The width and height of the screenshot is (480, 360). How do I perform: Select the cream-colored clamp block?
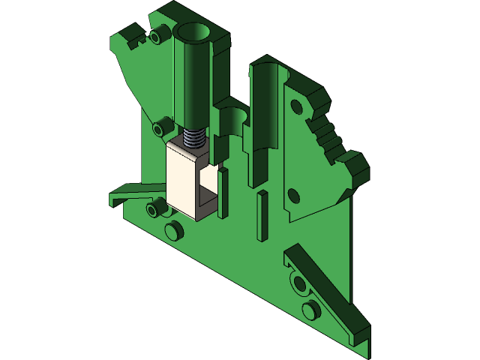coord(181,180)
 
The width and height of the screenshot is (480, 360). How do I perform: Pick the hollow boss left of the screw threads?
coord(159,127)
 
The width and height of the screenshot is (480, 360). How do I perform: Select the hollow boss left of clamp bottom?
coord(155,208)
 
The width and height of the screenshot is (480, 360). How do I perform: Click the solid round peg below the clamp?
coord(172,229)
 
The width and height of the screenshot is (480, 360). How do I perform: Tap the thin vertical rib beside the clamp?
coord(223,192)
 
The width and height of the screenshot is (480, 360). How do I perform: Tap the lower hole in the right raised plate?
coord(294,197)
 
